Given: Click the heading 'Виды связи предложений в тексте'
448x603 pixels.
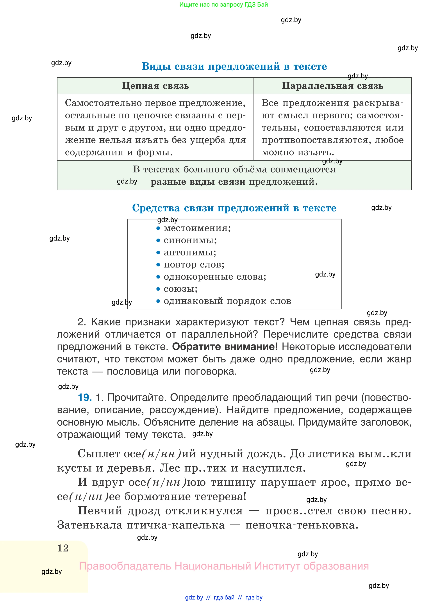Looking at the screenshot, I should pyautogui.click(x=234, y=66).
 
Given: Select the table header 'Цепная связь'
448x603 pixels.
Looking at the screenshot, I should pyautogui.click(x=155, y=86).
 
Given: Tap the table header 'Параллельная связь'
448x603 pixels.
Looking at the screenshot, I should pyautogui.click(x=332, y=86).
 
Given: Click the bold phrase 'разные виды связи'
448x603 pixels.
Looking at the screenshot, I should pyautogui.click(x=198, y=182).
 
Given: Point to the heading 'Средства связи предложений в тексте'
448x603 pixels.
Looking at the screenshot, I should pyautogui.click(x=234, y=208).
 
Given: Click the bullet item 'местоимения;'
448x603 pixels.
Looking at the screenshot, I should pyautogui.click(x=197, y=228).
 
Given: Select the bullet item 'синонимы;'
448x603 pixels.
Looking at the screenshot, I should pyautogui.click(x=190, y=240).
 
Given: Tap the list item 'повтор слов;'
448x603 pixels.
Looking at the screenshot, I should pyautogui.click(x=194, y=264).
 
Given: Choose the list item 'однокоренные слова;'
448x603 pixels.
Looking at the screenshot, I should pyautogui.click(x=215, y=277).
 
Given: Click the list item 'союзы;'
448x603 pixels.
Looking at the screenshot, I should pyautogui.click(x=181, y=289).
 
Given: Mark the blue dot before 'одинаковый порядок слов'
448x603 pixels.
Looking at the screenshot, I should pyautogui.click(x=158, y=301).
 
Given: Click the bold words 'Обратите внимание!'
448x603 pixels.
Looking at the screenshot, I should pyautogui.click(x=225, y=346).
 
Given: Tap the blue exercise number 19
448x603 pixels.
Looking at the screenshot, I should pyautogui.click(x=85, y=398).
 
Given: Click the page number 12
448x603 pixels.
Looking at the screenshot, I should pyautogui.click(x=63, y=548).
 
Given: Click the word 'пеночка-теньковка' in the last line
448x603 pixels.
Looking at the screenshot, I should pyautogui.click(x=302, y=525).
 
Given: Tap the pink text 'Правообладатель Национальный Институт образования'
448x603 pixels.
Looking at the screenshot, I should pyautogui.click(x=224, y=566).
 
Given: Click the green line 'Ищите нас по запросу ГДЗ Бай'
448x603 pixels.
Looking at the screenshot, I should pyautogui.click(x=223, y=5).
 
